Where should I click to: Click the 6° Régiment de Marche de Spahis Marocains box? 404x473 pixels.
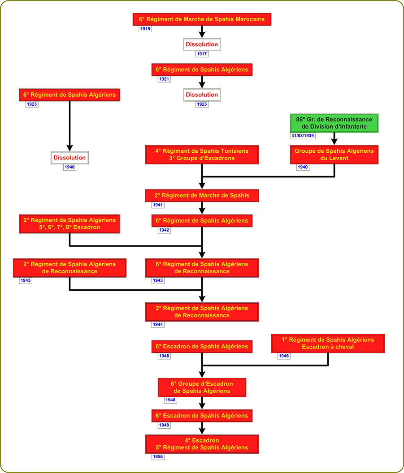click(x=201, y=19)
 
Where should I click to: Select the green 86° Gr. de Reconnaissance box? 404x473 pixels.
click(x=334, y=123)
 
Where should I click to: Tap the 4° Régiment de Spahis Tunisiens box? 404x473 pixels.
click(x=202, y=155)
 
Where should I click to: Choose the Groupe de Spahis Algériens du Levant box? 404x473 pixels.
click(x=334, y=155)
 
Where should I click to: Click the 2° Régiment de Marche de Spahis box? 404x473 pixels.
click(x=202, y=195)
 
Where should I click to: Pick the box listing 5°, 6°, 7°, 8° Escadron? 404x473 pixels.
click(x=69, y=224)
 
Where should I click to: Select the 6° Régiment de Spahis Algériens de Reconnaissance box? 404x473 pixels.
click(x=202, y=267)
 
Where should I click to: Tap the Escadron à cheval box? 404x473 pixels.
click(x=328, y=343)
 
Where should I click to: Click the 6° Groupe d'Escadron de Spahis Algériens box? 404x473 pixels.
click(x=202, y=387)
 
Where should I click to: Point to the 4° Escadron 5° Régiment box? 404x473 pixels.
click(x=202, y=444)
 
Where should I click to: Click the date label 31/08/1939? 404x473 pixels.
click(x=302, y=136)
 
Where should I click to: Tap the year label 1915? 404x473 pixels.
click(x=145, y=29)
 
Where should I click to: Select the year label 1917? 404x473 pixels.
click(x=202, y=54)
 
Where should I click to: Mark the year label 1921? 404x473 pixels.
click(x=164, y=79)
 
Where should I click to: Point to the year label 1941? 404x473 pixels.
click(x=158, y=205)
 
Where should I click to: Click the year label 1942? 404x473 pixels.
click(x=164, y=230)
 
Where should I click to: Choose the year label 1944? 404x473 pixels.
click(x=158, y=324)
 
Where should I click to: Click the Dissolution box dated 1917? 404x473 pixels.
click(x=202, y=44)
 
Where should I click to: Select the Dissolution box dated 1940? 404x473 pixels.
click(x=69, y=158)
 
